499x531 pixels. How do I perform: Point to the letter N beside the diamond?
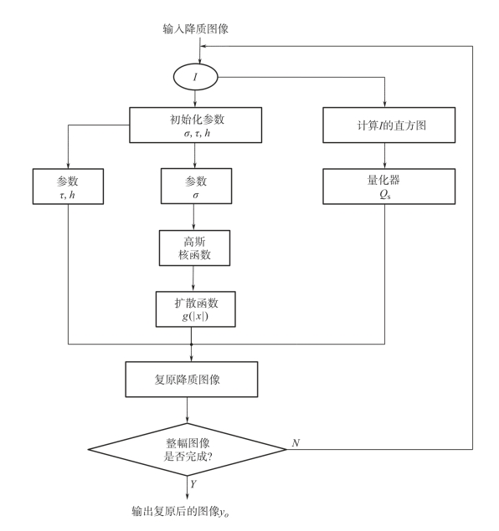(296, 442)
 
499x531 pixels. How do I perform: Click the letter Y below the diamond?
(193, 484)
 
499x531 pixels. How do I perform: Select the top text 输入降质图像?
(196, 28)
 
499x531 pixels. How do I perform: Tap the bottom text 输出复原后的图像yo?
(180, 511)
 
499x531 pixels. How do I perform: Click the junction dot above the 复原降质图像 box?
(191, 345)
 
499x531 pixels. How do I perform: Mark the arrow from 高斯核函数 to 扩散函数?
(193, 278)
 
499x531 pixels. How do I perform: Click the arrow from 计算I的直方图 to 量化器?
(385, 156)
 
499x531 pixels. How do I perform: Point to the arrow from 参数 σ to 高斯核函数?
(194, 217)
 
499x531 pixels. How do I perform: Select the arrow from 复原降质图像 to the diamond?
(188, 410)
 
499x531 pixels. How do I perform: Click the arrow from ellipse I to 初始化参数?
(195, 99)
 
